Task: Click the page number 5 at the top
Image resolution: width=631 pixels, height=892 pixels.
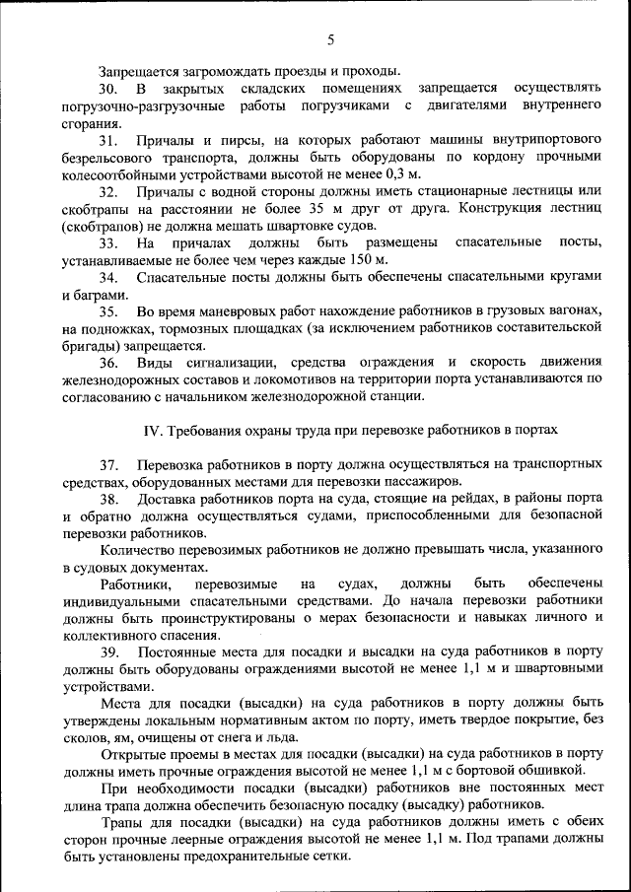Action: click(331, 39)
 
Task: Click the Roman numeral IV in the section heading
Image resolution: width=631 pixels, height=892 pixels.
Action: click(152, 430)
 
